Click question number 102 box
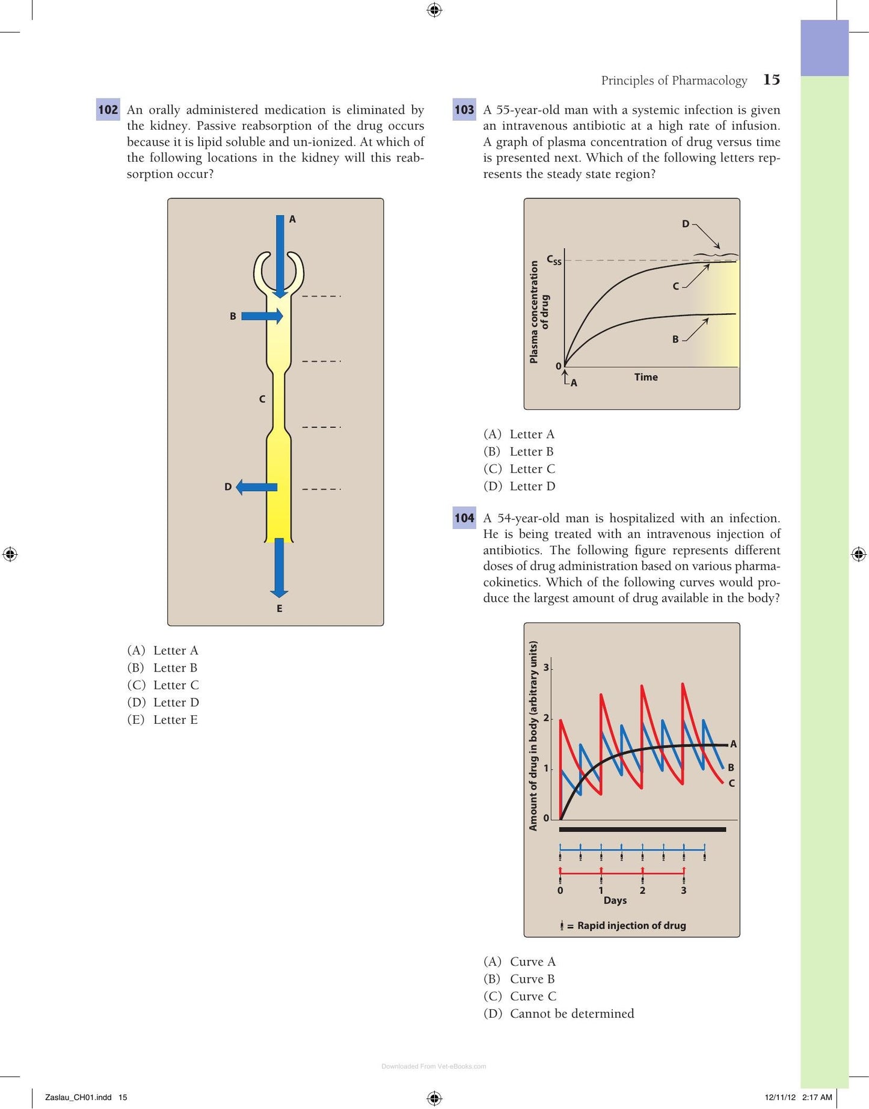[x=108, y=109]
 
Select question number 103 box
[x=464, y=109]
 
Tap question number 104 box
[x=464, y=518]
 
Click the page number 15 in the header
[x=772, y=79]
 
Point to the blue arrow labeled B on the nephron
[x=262, y=316]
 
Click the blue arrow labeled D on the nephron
[x=256, y=487]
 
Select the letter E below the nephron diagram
[x=279, y=608]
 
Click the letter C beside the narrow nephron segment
[x=262, y=399]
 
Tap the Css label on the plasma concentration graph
[x=554, y=260]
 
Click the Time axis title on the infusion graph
[x=646, y=377]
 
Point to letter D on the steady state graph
[x=686, y=224]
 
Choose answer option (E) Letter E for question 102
[x=162, y=719]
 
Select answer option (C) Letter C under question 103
[x=520, y=469]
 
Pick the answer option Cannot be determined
[x=559, y=1013]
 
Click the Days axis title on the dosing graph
[x=615, y=900]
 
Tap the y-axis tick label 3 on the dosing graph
[x=546, y=668]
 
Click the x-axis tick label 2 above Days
[x=642, y=890]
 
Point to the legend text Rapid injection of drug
[x=631, y=925]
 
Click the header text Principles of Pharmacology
[x=674, y=80]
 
